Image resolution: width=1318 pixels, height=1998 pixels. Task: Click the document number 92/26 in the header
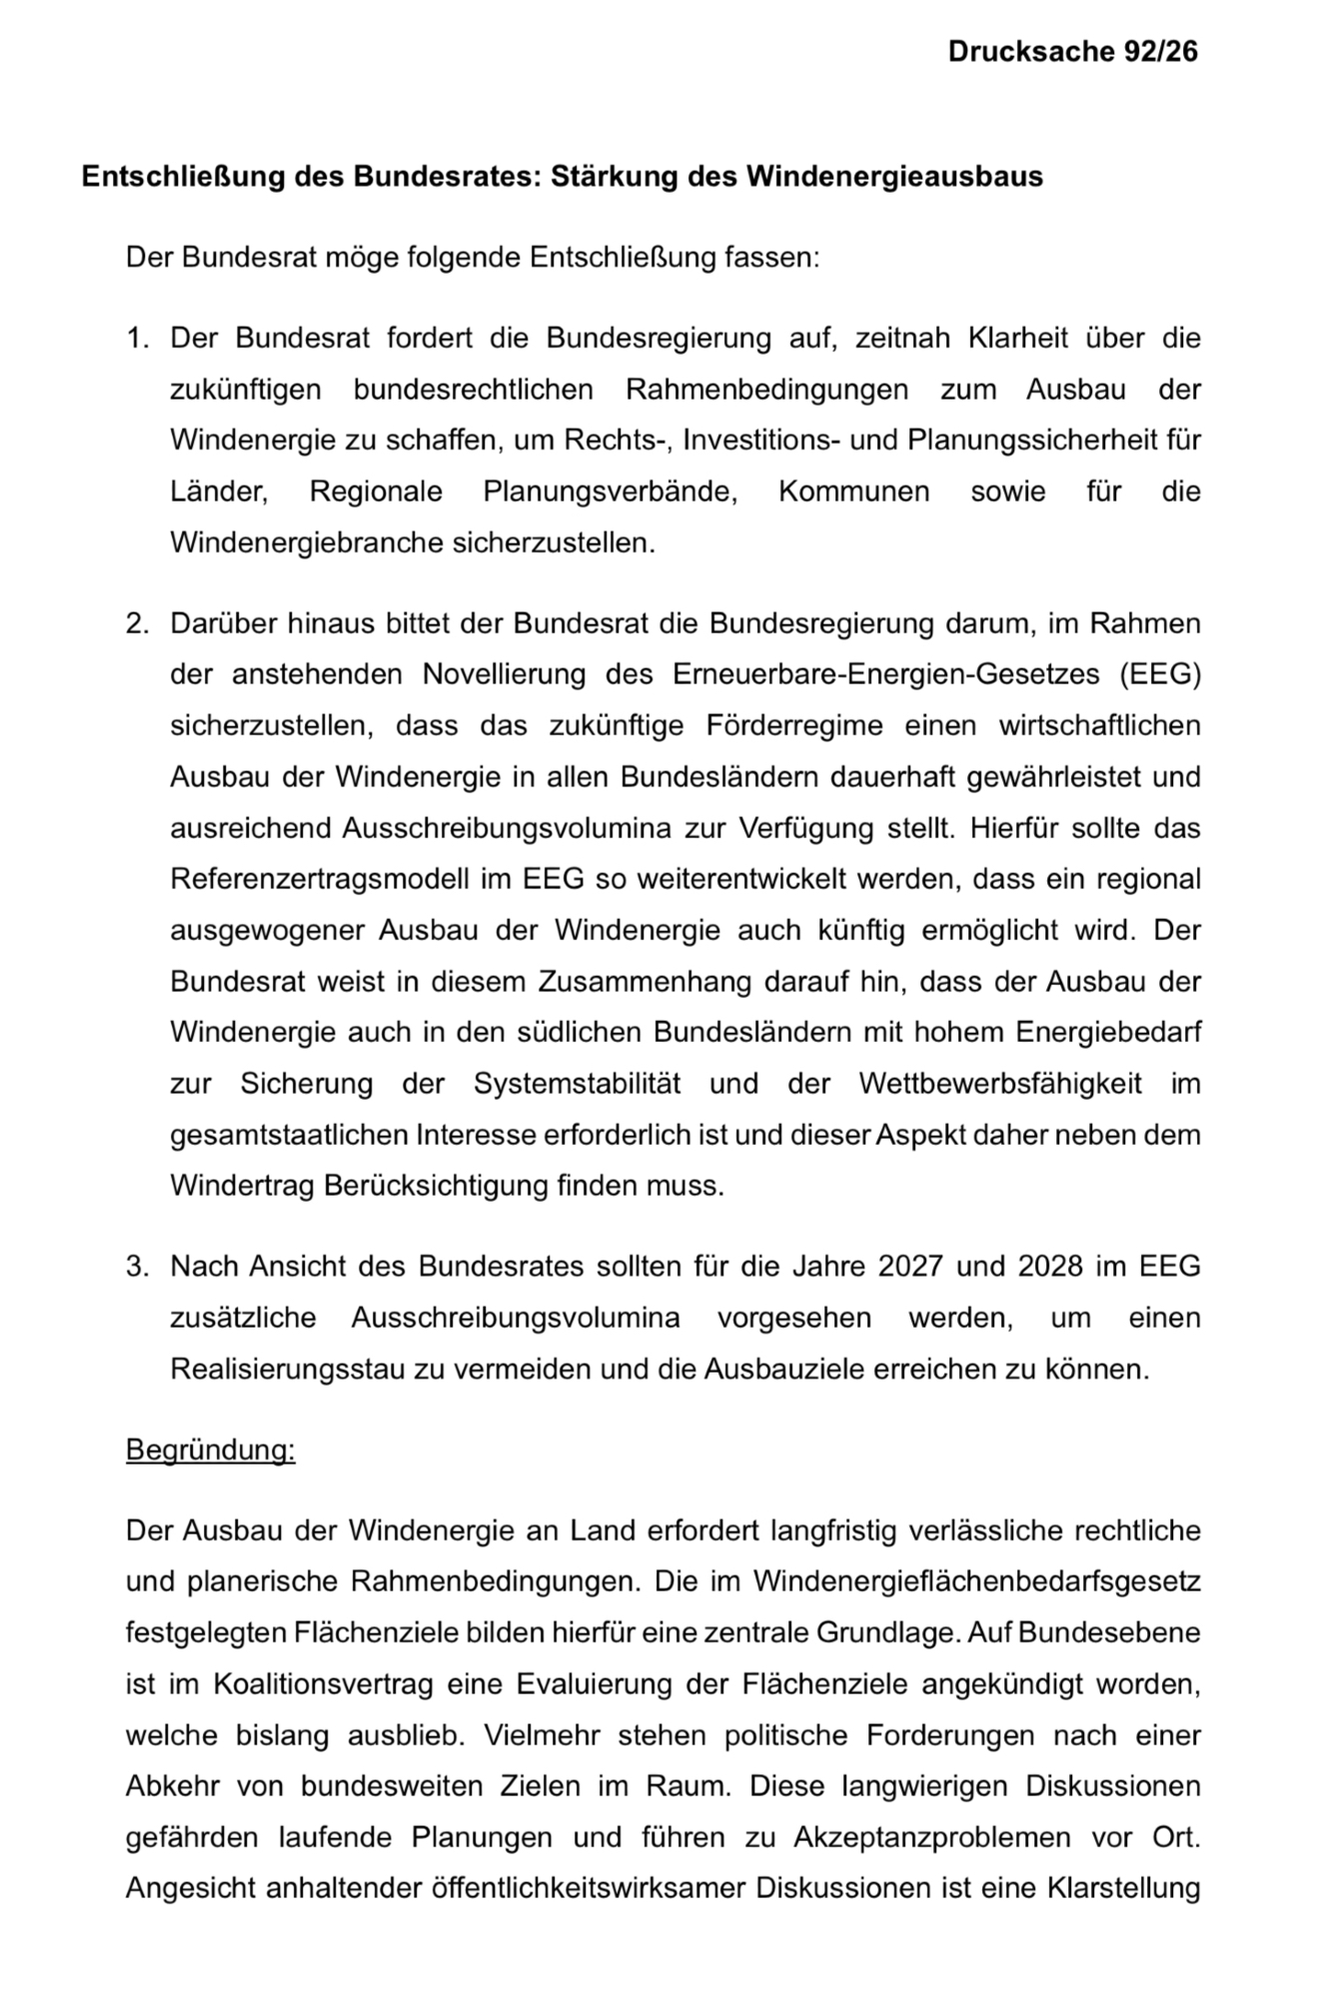1159,52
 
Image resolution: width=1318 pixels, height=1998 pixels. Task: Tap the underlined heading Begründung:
210,1450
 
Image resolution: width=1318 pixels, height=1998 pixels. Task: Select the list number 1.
137,338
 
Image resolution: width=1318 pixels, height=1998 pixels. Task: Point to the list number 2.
137,623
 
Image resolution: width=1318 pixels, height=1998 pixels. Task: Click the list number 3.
137,1267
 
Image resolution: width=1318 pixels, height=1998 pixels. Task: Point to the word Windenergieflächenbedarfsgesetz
976,1582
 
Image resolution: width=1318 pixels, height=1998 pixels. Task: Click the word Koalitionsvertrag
323,1684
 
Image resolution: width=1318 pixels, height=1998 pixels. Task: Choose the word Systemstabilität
577,1084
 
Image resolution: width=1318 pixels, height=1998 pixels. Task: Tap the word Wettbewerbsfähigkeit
999,1084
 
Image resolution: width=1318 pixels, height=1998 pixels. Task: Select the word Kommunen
853,492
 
